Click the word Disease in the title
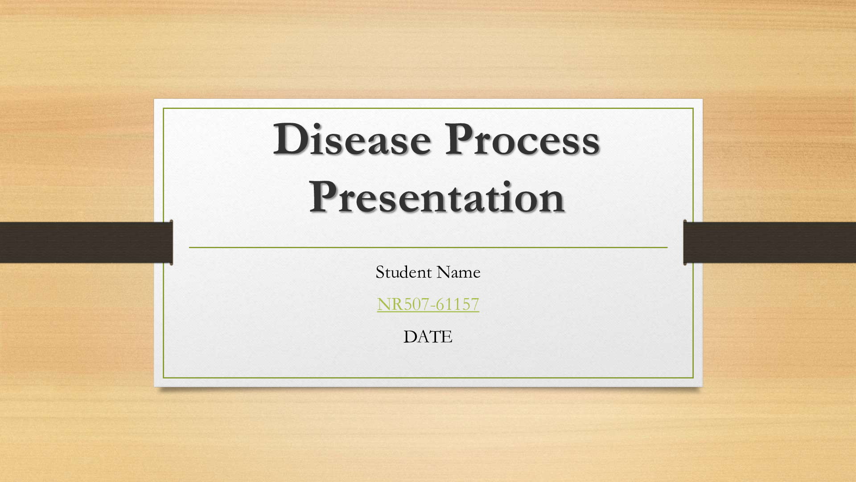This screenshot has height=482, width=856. pyautogui.click(x=352, y=139)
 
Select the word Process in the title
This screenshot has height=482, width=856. pyautogui.click(x=522, y=139)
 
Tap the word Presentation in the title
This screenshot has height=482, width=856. pyautogui.click(x=437, y=197)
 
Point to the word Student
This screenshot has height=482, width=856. pyautogui.click(x=404, y=272)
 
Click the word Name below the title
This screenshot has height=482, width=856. pyautogui.click(x=459, y=272)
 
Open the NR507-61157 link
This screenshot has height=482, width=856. pyautogui.click(x=428, y=304)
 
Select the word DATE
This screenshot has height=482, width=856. pyautogui.click(x=428, y=337)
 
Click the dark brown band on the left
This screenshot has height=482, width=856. pyautogui.click(x=86, y=242)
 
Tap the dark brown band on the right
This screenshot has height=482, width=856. pyautogui.click(x=770, y=242)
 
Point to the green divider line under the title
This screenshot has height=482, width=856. pyautogui.click(x=428, y=247)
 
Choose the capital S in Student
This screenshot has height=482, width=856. pyautogui.click(x=380, y=272)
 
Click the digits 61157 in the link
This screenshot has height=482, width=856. pyautogui.click(x=457, y=304)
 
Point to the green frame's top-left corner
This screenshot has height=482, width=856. pyautogui.click(x=164, y=108)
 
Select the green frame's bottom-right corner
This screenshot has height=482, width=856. pyautogui.click(x=693, y=378)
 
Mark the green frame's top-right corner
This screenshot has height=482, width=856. pyautogui.click(x=693, y=108)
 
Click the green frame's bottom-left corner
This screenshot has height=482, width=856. pyautogui.click(x=164, y=378)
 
